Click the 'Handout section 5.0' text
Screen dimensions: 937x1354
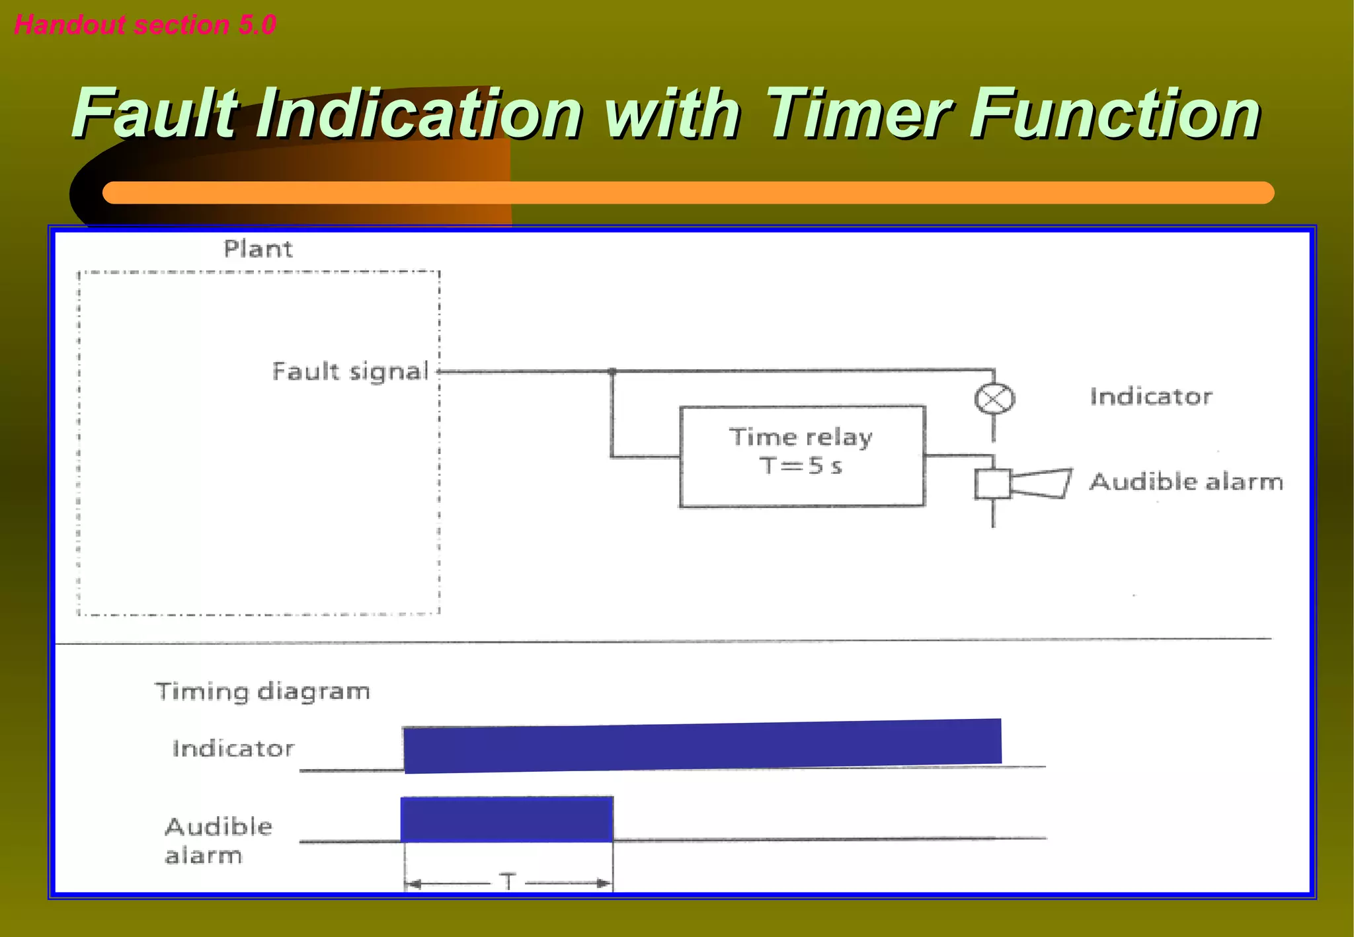click(145, 25)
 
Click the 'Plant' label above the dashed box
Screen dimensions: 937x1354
click(258, 249)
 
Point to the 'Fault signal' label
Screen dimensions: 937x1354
click(350, 371)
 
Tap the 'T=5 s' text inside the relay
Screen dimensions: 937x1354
click(801, 466)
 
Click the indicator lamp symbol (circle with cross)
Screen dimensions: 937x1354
click(994, 399)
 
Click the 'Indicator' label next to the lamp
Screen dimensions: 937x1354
click(1151, 396)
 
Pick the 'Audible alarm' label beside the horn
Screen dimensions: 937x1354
click(1186, 482)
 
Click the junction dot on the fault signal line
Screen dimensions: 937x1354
click(612, 372)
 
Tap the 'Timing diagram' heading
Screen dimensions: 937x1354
click(262, 691)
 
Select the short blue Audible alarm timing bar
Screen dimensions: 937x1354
click(506, 819)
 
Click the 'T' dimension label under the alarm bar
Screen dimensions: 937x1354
click(508, 881)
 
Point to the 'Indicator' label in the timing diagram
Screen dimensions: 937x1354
click(233, 749)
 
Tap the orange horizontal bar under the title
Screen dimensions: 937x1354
click(688, 193)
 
